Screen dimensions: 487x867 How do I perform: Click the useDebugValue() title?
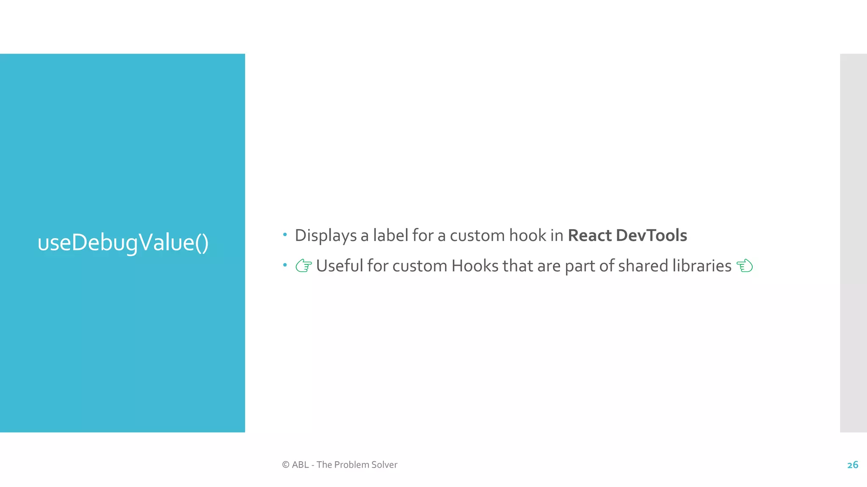pos(123,243)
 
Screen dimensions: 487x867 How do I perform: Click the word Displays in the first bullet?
pos(326,236)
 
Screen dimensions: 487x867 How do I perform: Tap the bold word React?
pos(590,235)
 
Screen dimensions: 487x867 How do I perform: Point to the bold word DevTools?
pos(652,235)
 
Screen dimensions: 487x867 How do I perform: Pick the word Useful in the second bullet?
pos(340,266)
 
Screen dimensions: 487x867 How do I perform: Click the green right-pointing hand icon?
pos(304,266)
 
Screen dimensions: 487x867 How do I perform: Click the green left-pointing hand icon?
pos(745,266)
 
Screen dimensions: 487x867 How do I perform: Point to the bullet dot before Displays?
pos(285,234)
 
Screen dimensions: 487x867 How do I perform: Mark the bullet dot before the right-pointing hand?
pos(285,265)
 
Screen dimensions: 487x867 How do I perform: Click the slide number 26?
pos(853,465)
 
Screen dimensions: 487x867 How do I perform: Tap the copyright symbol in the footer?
pos(286,465)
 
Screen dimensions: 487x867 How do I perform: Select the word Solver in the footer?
pos(384,465)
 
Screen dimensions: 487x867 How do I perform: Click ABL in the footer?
pos(300,465)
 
